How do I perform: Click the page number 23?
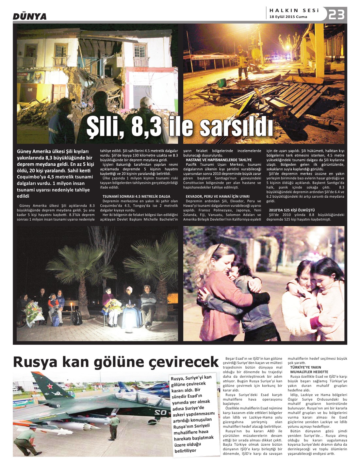coord(336,14)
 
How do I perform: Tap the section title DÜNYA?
coord(30,16)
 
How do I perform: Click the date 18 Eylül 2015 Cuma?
coord(288,17)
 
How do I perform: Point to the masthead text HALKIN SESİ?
coord(294,10)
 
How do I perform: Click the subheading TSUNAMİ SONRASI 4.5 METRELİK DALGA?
coord(136,196)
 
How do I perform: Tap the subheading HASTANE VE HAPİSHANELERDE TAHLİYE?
coord(219,160)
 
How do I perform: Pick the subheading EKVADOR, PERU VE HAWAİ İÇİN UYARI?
coord(217,196)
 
